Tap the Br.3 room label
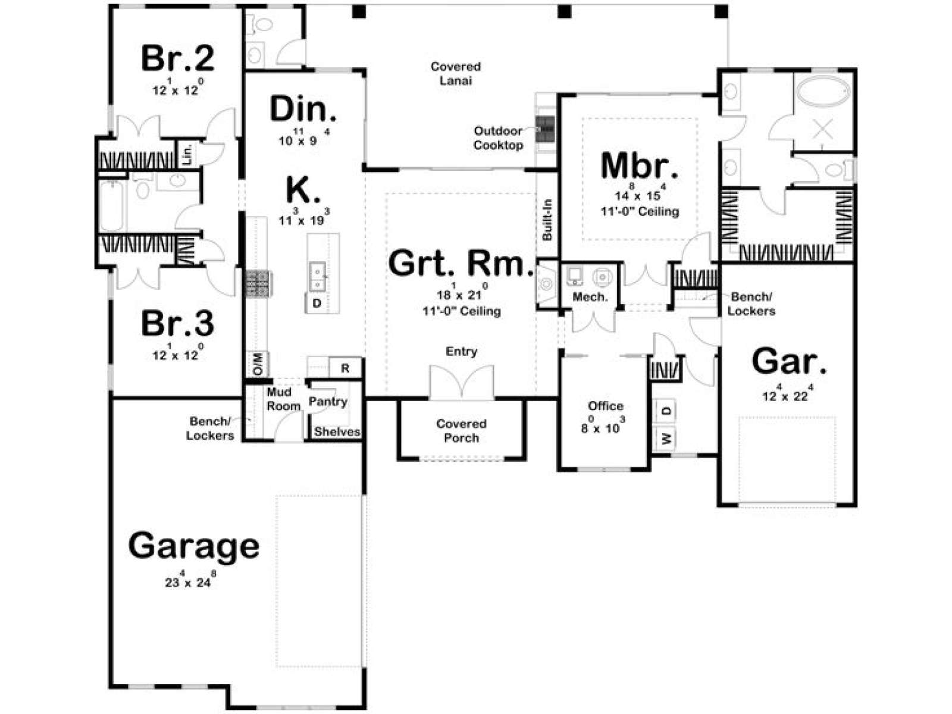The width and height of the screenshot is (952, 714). (x=177, y=324)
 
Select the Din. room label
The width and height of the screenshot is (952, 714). (x=303, y=109)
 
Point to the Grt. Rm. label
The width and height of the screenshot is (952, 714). (x=461, y=264)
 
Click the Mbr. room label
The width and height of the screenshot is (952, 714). (x=639, y=165)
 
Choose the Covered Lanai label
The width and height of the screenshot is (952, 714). (x=455, y=73)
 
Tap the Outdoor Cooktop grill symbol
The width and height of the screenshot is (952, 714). (x=546, y=129)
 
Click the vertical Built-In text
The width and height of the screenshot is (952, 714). (x=547, y=220)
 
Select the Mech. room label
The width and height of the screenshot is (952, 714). (x=590, y=297)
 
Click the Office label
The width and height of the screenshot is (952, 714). (x=606, y=406)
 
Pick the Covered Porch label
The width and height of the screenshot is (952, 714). (x=461, y=430)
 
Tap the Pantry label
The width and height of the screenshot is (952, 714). (x=328, y=402)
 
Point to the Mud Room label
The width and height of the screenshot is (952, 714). (x=283, y=399)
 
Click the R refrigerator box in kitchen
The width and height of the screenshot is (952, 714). (x=345, y=368)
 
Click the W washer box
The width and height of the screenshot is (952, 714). (x=667, y=439)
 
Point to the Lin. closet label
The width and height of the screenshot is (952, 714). (x=187, y=154)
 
